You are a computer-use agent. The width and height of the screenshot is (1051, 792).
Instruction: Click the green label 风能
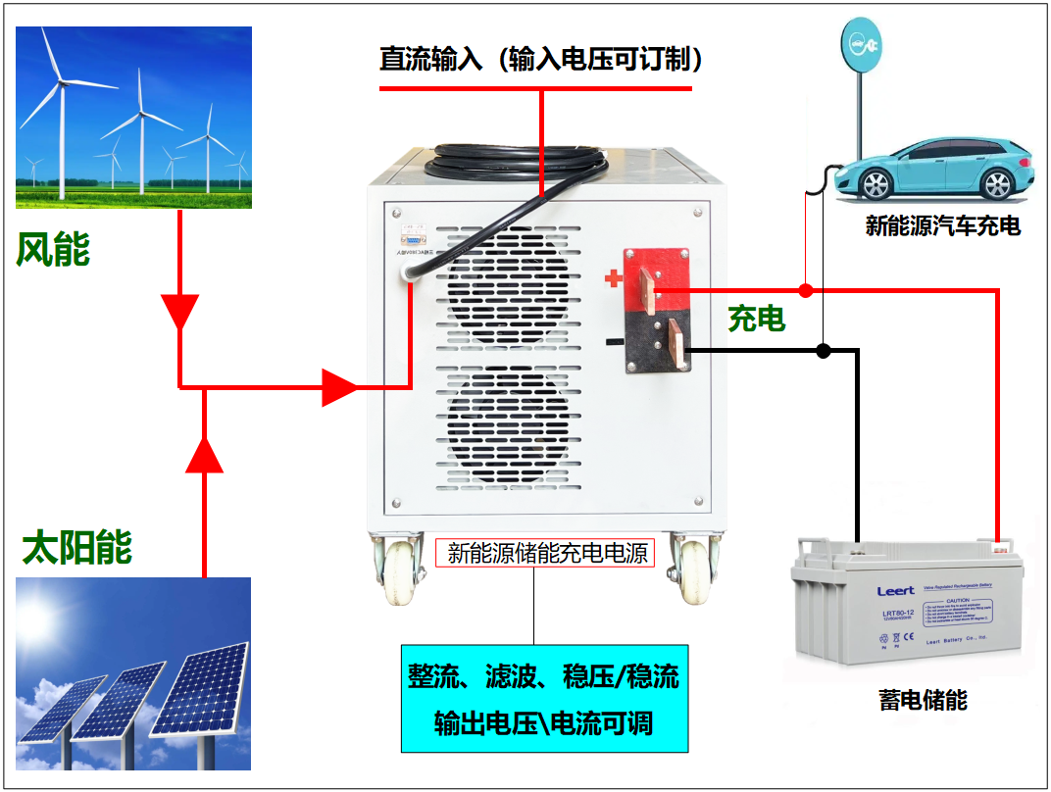[53, 250]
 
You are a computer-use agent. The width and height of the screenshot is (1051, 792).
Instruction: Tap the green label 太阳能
[77, 547]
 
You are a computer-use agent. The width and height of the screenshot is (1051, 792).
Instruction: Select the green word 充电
[756, 318]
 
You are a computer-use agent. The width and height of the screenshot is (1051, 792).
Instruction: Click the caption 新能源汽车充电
[942, 226]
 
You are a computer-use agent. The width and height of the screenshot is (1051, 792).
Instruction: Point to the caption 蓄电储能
[923, 700]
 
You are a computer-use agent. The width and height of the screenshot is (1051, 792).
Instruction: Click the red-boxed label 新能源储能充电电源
[544, 553]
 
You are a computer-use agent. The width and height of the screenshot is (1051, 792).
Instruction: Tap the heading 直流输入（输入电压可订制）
[542, 60]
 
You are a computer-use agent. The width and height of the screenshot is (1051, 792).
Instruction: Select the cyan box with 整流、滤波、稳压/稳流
[544, 698]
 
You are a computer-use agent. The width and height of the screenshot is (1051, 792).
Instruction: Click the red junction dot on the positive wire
[805, 290]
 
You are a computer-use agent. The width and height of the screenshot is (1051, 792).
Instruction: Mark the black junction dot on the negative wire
[824, 350]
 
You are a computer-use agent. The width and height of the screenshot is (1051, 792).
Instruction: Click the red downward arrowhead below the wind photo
[179, 312]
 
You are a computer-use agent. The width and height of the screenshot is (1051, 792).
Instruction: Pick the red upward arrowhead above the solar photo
[205, 454]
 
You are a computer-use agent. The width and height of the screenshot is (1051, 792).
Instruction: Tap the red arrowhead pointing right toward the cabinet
[339, 387]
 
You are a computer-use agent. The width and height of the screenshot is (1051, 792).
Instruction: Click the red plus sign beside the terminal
[614, 279]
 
